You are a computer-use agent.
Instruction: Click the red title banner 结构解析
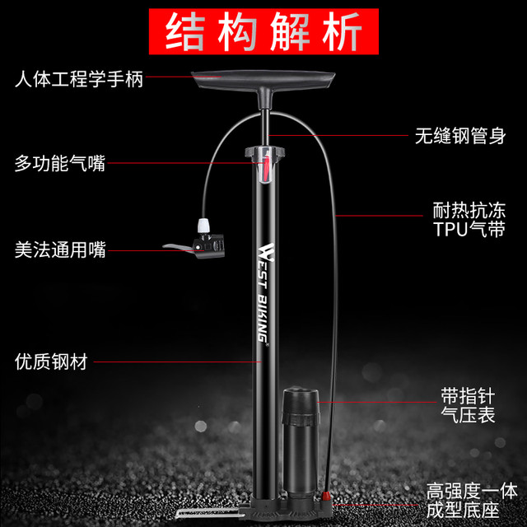263,31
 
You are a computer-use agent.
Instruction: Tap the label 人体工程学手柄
79,79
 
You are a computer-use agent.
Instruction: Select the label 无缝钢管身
460,136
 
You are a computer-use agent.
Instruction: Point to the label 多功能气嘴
60,163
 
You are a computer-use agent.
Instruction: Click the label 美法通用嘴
60,250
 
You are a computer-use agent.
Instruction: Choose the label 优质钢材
51,361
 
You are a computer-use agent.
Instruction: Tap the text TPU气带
469,229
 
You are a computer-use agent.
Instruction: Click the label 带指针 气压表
468,405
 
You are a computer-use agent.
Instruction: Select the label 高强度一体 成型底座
472,501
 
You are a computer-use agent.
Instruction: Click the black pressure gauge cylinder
301,442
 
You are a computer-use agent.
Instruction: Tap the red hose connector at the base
325,496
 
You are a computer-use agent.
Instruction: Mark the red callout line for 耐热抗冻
379,216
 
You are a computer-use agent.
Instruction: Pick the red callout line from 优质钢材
177,361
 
